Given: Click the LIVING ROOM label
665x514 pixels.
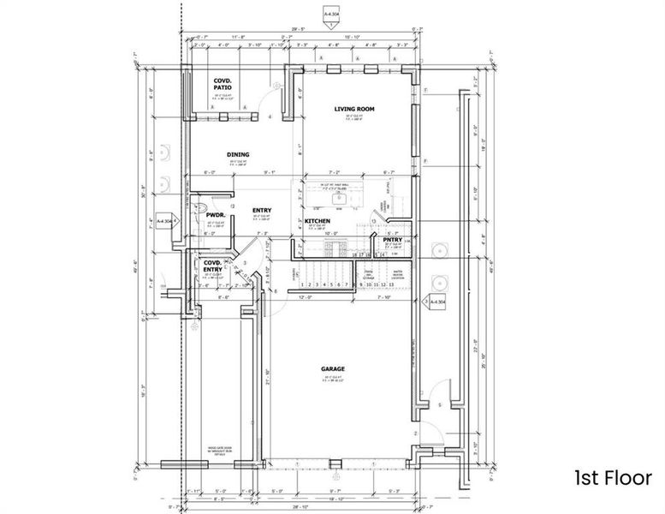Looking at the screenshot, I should click(356, 110).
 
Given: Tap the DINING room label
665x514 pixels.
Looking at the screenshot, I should click(238, 155).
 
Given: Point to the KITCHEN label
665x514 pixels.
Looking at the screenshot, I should click(318, 220).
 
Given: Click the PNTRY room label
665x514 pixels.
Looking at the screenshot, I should click(393, 240).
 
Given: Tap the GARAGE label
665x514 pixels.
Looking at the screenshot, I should click(333, 369).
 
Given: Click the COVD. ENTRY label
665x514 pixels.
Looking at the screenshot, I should click(212, 266).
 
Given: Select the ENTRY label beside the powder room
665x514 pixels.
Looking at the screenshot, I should click(262, 209).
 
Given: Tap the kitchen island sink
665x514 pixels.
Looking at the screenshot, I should click(341, 196).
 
